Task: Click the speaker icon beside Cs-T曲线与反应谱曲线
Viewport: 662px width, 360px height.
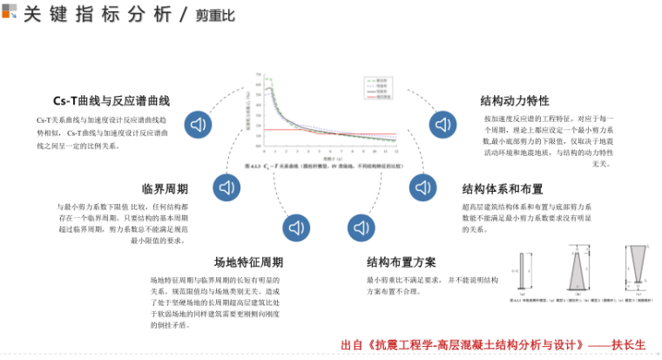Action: tap(200, 123)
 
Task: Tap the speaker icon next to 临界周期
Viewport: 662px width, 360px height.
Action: tap(228, 187)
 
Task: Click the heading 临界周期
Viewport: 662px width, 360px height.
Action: tap(165, 189)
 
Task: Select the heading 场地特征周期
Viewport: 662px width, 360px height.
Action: tap(248, 262)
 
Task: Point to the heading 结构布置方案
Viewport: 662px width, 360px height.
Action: tap(402, 262)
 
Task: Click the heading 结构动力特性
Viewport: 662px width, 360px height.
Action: tap(515, 101)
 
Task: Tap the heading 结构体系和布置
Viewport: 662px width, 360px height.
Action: tap(503, 189)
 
